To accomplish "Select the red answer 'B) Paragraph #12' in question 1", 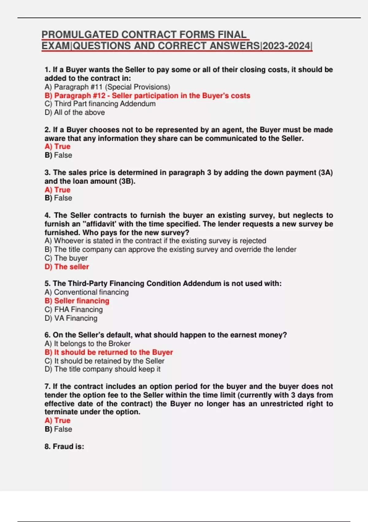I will coord(147,95).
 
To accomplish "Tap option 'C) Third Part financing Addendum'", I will coord(100,104).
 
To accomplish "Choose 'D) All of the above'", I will coord(75,112).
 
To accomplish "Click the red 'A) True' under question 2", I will coord(57,146).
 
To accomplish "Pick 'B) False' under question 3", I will coord(58,198).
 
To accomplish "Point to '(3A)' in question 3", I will coord(326,173).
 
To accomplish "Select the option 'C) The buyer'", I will coord(66,258).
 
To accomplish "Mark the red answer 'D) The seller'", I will coord(67,267).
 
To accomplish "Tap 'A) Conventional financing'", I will coord(86,292).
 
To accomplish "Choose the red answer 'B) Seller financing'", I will coord(77,301).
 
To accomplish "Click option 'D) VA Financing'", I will coord(71,318).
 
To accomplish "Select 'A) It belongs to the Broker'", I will coord(87,344).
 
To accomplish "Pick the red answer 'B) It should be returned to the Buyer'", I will coord(109,352).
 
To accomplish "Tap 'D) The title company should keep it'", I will coord(102,369).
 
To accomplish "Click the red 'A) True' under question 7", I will coord(57,420).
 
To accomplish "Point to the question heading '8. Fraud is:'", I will coord(64,446).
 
